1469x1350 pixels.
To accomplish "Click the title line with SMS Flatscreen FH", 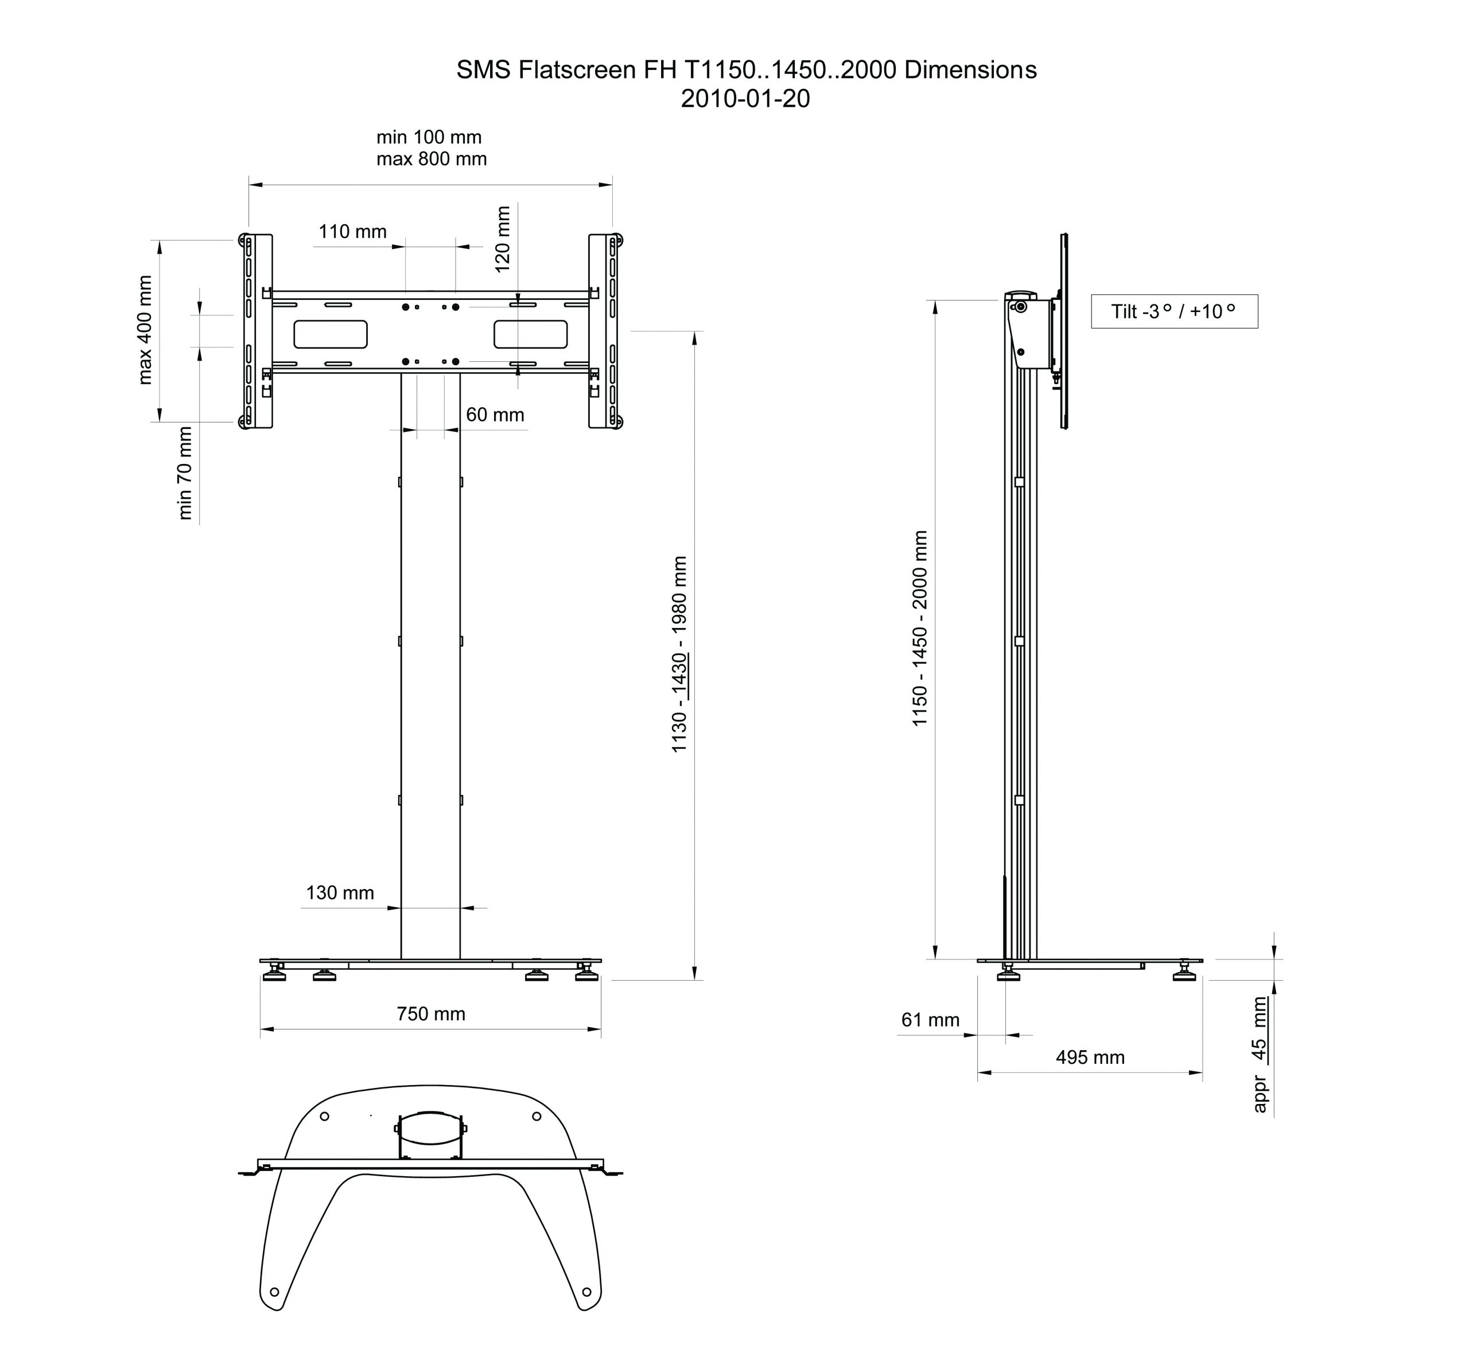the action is point(746,70).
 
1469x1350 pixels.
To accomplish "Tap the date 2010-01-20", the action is point(745,99).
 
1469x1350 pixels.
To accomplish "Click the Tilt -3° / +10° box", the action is point(1175,311).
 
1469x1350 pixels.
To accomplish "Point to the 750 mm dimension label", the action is point(430,1014).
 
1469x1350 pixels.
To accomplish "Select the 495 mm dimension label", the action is point(1090,1057).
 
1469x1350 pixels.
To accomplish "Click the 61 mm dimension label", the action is point(930,1020).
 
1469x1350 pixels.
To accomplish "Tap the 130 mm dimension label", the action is point(340,893).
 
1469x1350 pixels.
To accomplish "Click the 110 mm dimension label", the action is point(352,232).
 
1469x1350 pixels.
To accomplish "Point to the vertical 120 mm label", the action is point(503,240).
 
